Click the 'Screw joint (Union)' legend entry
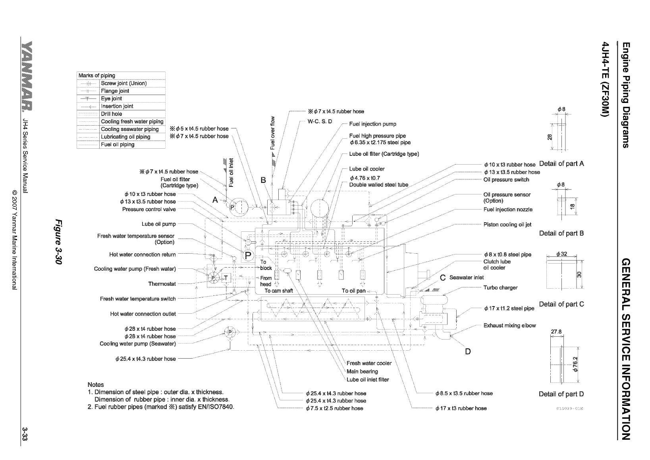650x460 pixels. pyautogui.click(x=123, y=83)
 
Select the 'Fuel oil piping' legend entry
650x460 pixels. pyautogui.click(x=118, y=144)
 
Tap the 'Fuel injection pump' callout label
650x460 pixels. pyautogui.click(x=372, y=124)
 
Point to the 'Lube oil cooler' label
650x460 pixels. pyautogui.click(x=367, y=169)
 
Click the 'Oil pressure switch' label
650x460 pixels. pyautogui.click(x=506, y=180)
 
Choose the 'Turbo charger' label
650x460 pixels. pyautogui.click(x=500, y=288)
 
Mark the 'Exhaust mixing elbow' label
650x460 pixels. pyautogui.click(x=509, y=326)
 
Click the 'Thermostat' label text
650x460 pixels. pyautogui.click(x=162, y=284)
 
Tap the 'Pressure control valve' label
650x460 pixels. pyautogui.click(x=149, y=209)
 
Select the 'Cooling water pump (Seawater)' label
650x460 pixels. pyautogui.click(x=138, y=344)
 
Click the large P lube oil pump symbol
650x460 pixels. pyautogui.click(x=248, y=255)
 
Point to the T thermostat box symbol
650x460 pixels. pyautogui.click(x=226, y=278)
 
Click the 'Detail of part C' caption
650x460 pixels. pyautogui.click(x=561, y=304)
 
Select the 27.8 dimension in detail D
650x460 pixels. pyautogui.click(x=556, y=332)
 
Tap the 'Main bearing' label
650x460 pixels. pyautogui.click(x=362, y=371)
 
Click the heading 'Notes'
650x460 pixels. pyautogui.click(x=95, y=384)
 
